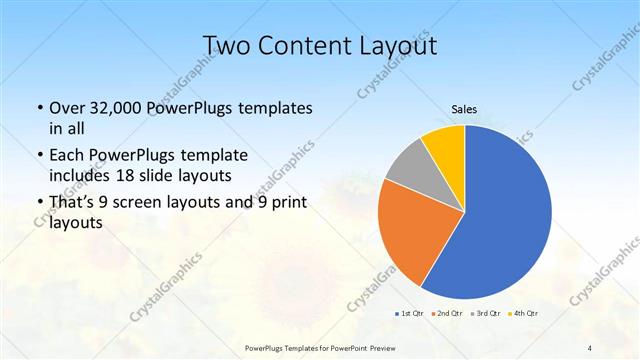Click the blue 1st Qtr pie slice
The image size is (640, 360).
tap(505, 215)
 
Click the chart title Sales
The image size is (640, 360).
tap(464, 109)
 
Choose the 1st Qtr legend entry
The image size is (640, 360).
tap(409, 314)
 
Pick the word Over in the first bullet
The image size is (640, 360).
tap(65, 107)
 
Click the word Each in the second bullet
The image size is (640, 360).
tap(66, 155)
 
